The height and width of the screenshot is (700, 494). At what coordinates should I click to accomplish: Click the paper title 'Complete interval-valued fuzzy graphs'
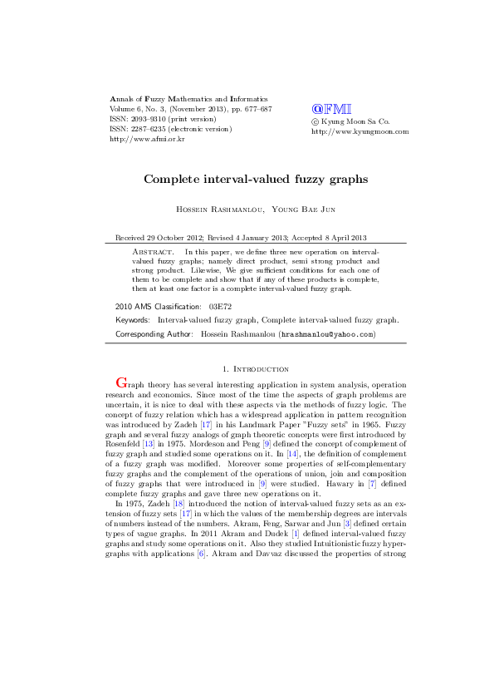(246, 179)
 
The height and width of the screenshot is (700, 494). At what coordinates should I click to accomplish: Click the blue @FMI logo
(331, 109)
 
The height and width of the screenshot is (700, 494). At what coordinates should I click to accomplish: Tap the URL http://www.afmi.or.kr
(147, 140)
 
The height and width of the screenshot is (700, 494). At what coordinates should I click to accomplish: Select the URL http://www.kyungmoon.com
(360, 131)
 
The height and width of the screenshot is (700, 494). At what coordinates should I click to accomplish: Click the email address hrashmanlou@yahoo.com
(326, 334)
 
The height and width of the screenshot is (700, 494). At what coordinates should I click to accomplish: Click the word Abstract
(154, 250)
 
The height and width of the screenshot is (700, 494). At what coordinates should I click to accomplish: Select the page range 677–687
(255, 109)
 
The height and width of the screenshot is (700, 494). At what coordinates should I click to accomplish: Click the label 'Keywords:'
(133, 320)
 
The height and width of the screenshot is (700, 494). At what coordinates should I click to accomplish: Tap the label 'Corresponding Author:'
(155, 334)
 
